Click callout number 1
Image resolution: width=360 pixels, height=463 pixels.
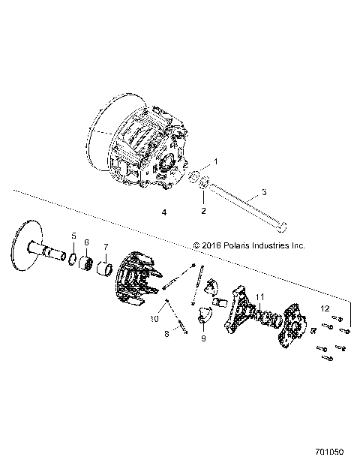click(x=215, y=161)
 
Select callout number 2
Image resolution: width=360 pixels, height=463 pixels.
click(x=203, y=212)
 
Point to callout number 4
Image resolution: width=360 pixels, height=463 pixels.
click(x=163, y=213)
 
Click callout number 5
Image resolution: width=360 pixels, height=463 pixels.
click(x=73, y=236)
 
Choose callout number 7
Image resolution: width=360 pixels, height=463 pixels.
click(x=106, y=247)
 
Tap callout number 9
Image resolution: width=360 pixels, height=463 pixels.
click(x=202, y=338)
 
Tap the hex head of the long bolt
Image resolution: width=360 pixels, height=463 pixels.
click(x=282, y=225)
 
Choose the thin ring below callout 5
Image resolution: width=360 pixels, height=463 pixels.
click(x=73, y=260)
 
